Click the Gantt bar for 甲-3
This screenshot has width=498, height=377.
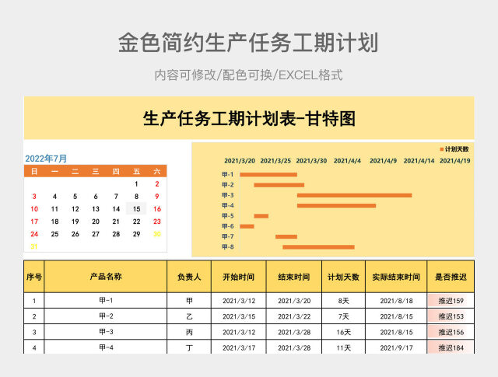click(x=354, y=195)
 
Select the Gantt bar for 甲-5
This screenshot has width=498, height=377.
click(x=261, y=216)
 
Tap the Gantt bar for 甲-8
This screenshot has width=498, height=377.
click(x=318, y=247)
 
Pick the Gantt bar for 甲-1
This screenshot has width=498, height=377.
click(x=268, y=175)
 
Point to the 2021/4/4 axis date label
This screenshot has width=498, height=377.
click(x=347, y=161)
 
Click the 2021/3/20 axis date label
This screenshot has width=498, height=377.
click(x=240, y=161)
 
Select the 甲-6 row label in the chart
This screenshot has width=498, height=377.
click(x=227, y=226)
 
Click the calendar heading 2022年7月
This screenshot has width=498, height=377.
click(x=47, y=158)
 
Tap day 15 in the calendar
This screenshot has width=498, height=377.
click(x=136, y=208)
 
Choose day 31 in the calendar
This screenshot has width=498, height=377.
click(x=33, y=246)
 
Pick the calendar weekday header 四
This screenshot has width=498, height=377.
click(x=116, y=171)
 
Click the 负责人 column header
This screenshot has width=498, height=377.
click(x=189, y=276)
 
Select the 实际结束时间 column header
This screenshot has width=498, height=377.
click(x=396, y=276)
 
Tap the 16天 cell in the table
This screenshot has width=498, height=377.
click(x=343, y=332)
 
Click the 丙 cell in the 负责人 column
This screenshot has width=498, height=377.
click(x=189, y=332)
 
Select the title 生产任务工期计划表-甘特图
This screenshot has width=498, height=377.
click(x=249, y=119)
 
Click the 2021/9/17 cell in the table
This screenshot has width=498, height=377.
click(x=396, y=347)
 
